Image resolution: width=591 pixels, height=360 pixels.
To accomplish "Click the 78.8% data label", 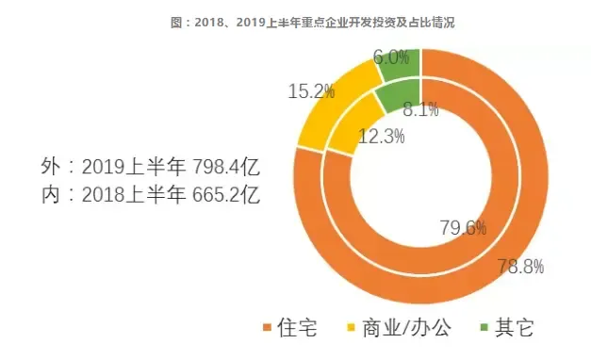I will click(520, 267).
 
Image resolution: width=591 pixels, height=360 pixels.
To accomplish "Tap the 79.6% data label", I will click(463, 227).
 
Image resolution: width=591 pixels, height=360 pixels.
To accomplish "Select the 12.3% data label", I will click(382, 137).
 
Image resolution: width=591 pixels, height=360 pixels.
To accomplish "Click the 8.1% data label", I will click(419, 109).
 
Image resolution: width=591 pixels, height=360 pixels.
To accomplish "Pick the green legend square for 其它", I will click(486, 329).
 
